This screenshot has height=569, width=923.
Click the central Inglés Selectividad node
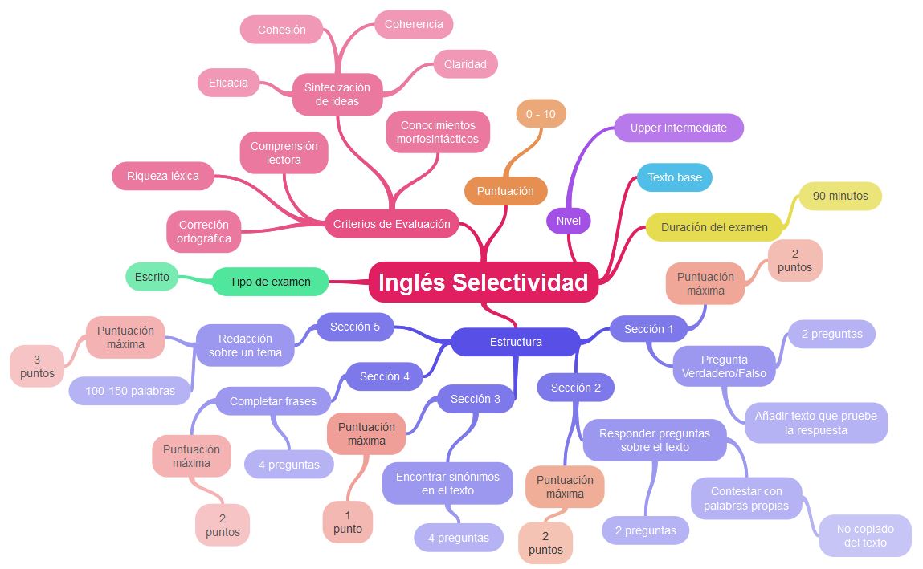tap(483, 282)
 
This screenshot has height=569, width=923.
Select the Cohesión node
tap(281, 30)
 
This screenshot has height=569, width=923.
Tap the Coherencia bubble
tap(414, 24)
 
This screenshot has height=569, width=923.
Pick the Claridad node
tap(465, 64)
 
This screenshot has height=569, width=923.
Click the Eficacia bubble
tap(228, 83)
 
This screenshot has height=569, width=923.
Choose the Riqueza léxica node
tap(163, 176)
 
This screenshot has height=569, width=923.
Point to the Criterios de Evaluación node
tap(391, 224)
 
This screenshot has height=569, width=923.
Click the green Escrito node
tap(152, 277)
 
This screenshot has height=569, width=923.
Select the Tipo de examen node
tap(270, 282)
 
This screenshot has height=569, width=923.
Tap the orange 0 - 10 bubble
tap(541, 114)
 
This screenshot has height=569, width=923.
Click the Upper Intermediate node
tap(678, 128)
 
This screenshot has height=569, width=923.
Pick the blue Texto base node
tap(674, 177)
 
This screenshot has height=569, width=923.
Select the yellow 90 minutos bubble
tap(839, 196)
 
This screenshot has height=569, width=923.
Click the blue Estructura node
tap(516, 342)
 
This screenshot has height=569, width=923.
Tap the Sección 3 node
tap(476, 399)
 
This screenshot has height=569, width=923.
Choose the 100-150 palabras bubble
tap(131, 391)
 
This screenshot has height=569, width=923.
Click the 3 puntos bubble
tap(37, 366)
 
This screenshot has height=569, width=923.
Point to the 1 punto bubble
tap(348, 522)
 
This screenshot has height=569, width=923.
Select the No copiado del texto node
tap(865, 535)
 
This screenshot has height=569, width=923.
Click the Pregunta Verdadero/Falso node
tap(724, 366)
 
